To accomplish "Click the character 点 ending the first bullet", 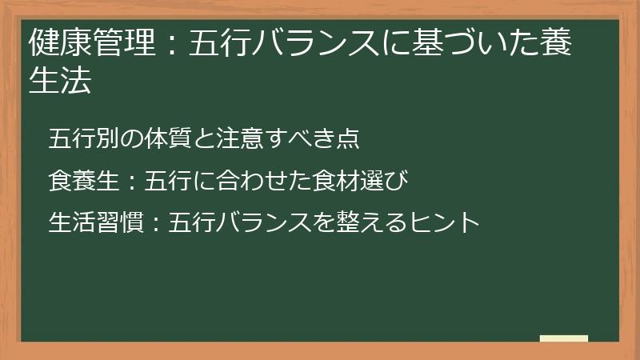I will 348,139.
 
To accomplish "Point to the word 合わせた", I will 249,181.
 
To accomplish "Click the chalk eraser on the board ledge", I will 563,338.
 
